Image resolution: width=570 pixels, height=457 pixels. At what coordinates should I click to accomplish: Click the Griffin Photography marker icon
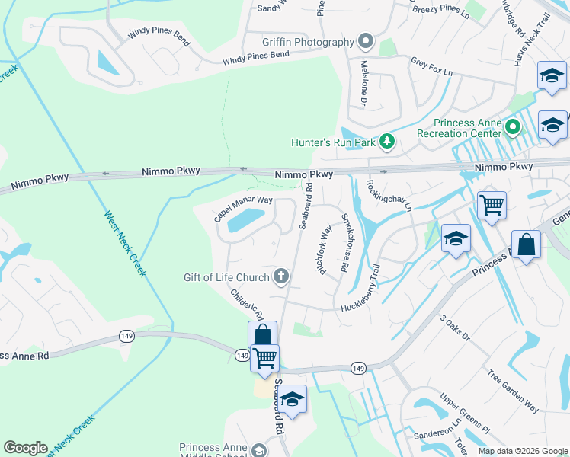[367, 40]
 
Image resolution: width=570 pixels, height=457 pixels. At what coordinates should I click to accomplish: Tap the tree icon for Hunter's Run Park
[387, 141]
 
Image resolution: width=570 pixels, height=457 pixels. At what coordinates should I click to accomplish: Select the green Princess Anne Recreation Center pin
[513, 128]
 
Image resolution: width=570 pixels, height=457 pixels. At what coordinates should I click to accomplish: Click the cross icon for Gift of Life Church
[281, 276]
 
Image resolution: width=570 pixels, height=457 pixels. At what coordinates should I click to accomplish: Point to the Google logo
[25, 448]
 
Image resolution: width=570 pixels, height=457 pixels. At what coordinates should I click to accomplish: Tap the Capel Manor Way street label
[243, 208]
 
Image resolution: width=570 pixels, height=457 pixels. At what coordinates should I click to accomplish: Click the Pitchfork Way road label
[325, 250]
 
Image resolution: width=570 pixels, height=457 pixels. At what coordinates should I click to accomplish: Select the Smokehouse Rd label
[344, 244]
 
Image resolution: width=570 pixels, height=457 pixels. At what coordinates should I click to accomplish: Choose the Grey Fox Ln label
[431, 66]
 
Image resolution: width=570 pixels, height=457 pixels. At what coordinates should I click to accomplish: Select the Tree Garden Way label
[513, 391]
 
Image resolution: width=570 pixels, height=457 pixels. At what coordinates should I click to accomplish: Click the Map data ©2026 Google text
[522, 451]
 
